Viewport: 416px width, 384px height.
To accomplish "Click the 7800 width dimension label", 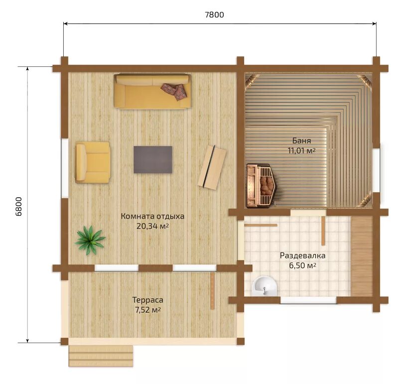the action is point(214,14).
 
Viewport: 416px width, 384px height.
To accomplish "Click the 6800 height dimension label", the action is point(18,206).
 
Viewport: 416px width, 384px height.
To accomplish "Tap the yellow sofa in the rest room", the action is point(152,91).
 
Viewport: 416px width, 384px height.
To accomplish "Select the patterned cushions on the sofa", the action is point(174,91).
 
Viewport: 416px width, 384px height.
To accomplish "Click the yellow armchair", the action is point(93,162).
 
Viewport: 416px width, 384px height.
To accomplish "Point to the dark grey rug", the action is point(153,160).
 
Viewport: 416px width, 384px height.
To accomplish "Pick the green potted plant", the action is point(90,240).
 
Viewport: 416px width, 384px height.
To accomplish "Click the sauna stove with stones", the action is point(262,185).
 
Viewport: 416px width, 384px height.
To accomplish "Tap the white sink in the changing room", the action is point(265,286).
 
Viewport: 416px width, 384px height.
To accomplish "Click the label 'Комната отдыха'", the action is point(152,216).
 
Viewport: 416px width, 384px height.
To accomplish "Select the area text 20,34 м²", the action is point(152,226).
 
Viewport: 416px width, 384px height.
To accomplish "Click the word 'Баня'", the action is point(301,140).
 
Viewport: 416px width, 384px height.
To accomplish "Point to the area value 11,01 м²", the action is point(301,150).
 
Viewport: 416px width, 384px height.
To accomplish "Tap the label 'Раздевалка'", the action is point(303,256).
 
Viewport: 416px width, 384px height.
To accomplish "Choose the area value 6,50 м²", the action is point(303,265).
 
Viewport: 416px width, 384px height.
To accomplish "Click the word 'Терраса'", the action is point(148,300).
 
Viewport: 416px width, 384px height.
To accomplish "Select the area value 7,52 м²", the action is point(148,310).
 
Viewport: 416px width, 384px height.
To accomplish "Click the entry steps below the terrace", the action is point(101,356).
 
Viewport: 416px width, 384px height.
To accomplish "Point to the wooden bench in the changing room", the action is point(362,256).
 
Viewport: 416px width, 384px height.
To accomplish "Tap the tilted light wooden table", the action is point(212,167).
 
